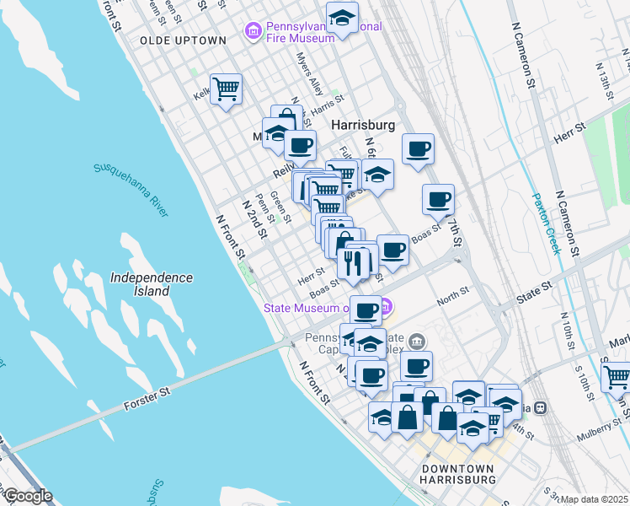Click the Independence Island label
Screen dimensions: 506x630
click(152, 284)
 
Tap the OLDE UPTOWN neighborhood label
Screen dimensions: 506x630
click(183, 40)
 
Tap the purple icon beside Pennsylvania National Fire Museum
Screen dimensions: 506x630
click(252, 32)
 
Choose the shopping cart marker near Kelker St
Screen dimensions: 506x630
click(226, 87)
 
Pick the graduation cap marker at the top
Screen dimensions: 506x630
click(343, 18)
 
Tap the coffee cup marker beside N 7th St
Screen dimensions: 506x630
click(438, 200)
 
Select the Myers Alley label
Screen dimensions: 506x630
click(309, 75)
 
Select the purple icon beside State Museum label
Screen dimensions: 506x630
click(387, 308)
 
